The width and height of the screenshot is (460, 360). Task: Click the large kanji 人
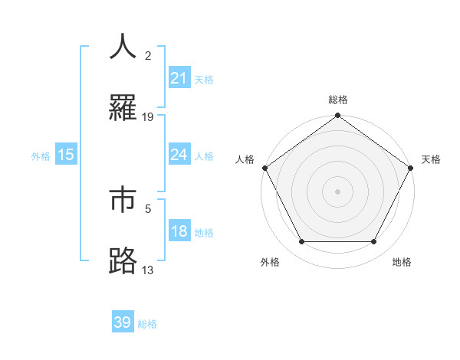[123, 46]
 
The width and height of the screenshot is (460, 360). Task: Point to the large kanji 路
[123, 261]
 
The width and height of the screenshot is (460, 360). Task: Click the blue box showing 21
[179, 78]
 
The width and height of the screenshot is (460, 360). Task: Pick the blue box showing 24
[179, 155]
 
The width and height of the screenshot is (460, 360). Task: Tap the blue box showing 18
[179, 232]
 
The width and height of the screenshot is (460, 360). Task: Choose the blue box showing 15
[66, 155]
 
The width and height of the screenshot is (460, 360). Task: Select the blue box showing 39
[123, 322]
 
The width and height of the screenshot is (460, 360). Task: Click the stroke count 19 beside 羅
[148, 116]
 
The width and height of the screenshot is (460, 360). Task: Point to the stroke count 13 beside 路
[148, 270]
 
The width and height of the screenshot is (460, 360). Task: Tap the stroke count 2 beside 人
[148, 55]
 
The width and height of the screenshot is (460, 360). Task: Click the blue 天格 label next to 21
[204, 79]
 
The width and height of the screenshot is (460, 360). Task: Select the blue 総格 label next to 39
[147, 324]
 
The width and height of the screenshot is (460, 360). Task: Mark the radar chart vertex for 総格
[337, 116]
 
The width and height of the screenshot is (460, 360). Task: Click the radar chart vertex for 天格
[411, 169]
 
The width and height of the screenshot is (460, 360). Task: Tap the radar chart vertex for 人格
[264, 169]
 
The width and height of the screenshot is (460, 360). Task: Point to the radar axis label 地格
[402, 262]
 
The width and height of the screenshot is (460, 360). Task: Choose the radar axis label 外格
[270, 262]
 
